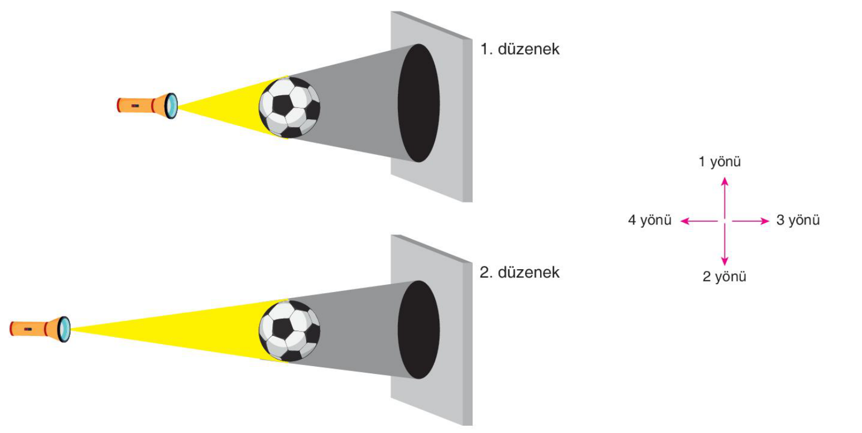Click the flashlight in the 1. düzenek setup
click(147, 105)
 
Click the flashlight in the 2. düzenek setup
click(40, 329)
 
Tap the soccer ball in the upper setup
click(290, 107)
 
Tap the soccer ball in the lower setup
click(290, 331)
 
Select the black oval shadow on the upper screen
click(418, 103)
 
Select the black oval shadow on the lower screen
click(418, 330)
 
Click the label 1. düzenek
click(520, 49)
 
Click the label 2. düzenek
click(519, 273)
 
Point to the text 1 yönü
click(720, 162)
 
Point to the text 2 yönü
click(724, 276)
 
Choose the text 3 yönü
click(798, 220)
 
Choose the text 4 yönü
click(649, 220)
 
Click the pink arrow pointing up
click(725, 198)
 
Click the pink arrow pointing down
click(725, 245)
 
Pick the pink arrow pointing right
click(750, 221)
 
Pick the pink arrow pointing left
click(699, 221)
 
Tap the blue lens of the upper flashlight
click(172, 105)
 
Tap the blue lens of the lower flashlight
click(64, 329)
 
